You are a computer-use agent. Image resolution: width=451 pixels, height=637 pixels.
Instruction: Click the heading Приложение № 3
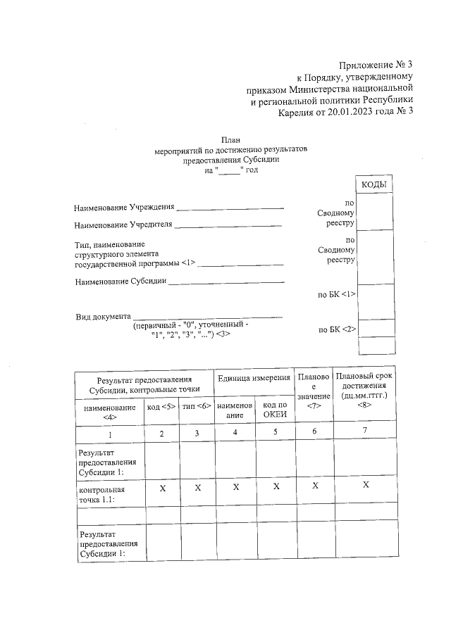(371, 65)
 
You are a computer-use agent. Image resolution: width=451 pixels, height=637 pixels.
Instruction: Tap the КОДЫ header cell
(376, 184)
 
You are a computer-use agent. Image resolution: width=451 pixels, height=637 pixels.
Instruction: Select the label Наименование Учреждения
(124, 208)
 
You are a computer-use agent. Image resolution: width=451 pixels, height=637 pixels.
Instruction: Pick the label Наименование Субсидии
(121, 282)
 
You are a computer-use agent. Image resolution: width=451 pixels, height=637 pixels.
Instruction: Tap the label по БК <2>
(338, 329)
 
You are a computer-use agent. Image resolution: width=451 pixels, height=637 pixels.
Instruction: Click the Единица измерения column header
(254, 378)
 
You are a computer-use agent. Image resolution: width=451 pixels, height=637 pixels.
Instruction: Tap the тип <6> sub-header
(197, 407)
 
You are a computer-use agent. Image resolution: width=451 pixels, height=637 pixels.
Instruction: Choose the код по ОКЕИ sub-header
(275, 410)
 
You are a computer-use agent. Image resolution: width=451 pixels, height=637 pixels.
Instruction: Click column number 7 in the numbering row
(364, 431)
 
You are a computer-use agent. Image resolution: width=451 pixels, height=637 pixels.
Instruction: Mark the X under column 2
(162, 487)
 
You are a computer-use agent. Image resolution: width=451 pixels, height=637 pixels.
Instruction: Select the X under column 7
(365, 485)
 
